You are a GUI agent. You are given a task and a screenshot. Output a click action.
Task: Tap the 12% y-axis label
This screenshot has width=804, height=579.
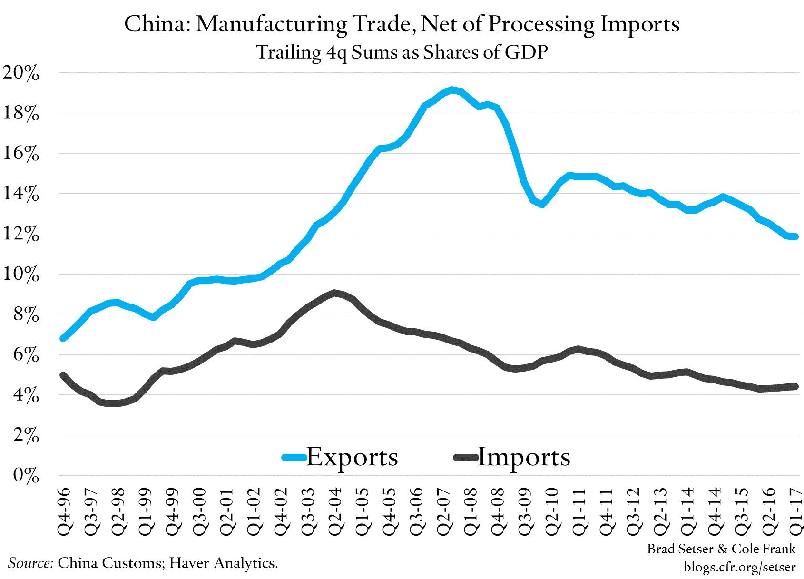tap(21, 234)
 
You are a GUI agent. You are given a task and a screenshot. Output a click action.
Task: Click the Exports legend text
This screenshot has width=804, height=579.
tap(352, 457)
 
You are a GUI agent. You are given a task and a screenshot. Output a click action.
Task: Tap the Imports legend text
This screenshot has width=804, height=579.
tap(523, 457)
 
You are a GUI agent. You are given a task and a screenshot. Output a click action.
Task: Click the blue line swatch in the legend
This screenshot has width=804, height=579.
tap(294, 458)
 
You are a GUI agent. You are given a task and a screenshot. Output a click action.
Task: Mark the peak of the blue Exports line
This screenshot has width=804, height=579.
tap(452, 89)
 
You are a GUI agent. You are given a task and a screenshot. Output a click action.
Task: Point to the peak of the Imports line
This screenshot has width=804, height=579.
tap(335, 293)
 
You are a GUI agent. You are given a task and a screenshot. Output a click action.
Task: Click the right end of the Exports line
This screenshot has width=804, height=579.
tap(795, 237)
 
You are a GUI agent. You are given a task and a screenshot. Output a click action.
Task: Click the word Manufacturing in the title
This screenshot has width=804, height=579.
tap(272, 24)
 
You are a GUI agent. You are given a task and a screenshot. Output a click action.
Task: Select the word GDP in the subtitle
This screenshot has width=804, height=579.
tap(526, 52)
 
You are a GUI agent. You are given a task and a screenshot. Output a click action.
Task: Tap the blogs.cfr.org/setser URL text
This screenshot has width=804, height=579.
tap(739, 567)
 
